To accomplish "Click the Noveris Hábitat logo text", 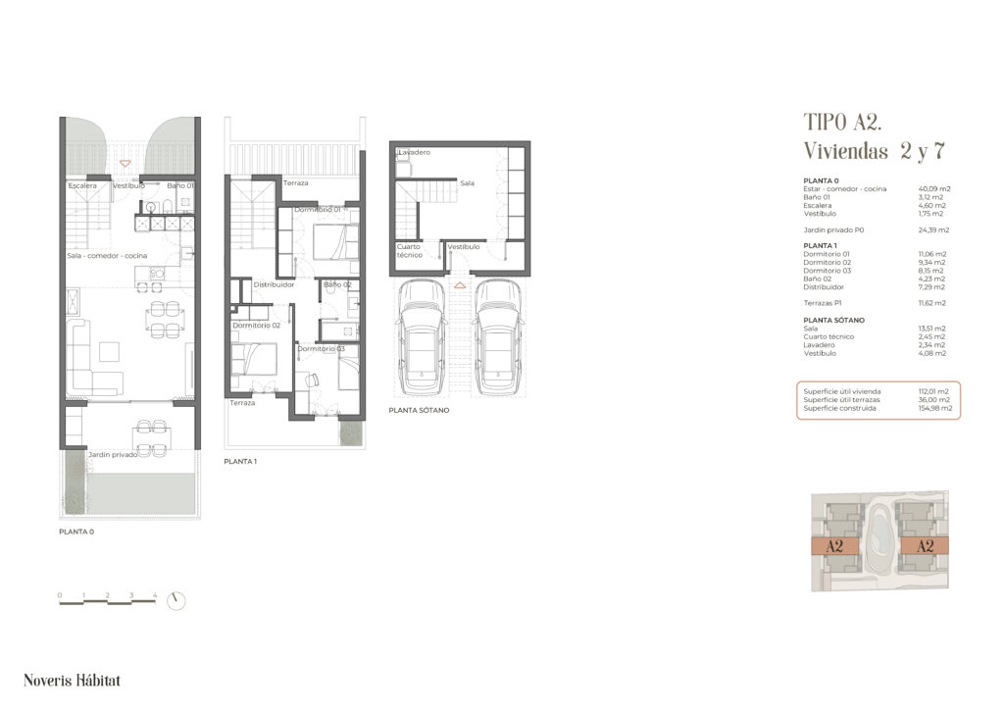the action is [x=72, y=680].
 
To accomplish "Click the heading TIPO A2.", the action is [x=842, y=122].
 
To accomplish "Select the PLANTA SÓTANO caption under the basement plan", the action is [x=419, y=410].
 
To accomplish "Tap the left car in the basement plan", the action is [x=422, y=336].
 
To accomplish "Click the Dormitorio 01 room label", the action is [x=318, y=209].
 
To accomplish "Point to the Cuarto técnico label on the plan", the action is [x=409, y=250].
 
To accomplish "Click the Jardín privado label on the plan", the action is [x=113, y=455].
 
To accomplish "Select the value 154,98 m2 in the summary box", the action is [x=934, y=408].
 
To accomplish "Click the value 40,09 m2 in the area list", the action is [x=934, y=189].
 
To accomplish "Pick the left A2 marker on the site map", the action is [x=834, y=546].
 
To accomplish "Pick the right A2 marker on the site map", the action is [x=925, y=546].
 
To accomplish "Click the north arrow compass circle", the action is [x=176, y=600].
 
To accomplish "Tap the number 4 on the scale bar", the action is [x=155, y=595].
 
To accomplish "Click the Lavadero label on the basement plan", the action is [x=415, y=152].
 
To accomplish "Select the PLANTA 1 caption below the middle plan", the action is [x=240, y=461].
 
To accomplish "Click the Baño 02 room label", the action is [x=337, y=284].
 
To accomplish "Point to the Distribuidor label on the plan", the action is [x=275, y=284].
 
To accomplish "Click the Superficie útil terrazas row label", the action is [x=842, y=399].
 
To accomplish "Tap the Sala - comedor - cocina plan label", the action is [x=107, y=255].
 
